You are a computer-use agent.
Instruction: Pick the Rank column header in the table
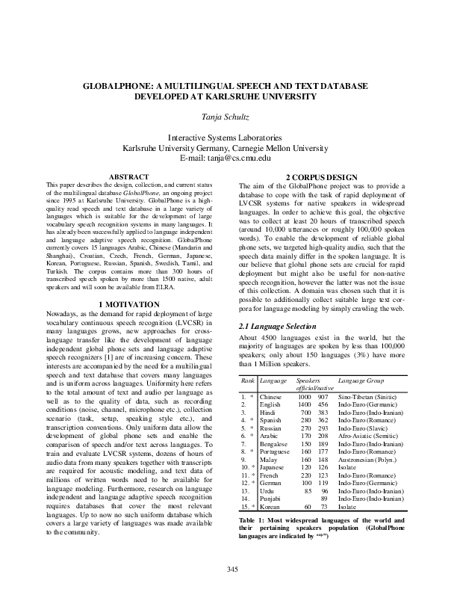[x=248, y=381]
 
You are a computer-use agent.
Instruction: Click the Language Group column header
[x=361, y=381]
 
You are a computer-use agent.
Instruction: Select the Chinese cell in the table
[x=271, y=397]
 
